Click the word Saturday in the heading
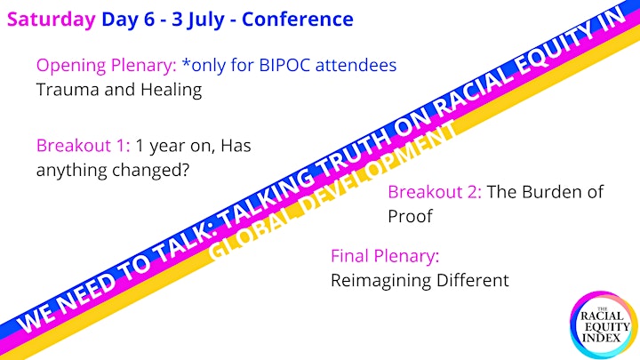[52, 20]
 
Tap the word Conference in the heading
[298, 20]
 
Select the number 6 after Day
[149, 20]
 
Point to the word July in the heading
[205, 20]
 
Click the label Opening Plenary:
[107, 66]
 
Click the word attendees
[356, 65]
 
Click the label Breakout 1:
[84, 145]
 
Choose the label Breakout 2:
[435, 192]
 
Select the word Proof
[410, 216]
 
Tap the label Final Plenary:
[385, 257]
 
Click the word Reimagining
[380, 281]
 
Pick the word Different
[473, 280]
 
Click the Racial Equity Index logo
[604, 325]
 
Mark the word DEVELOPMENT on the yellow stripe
[380, 172]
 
